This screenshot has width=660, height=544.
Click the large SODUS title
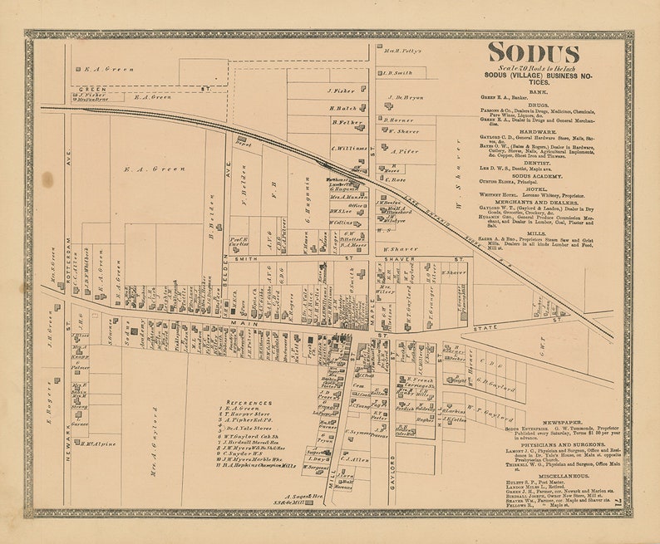pyautogui.click(x=533, y=53)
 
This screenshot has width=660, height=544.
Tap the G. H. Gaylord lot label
pyautogui.click(x=492, y=380)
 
